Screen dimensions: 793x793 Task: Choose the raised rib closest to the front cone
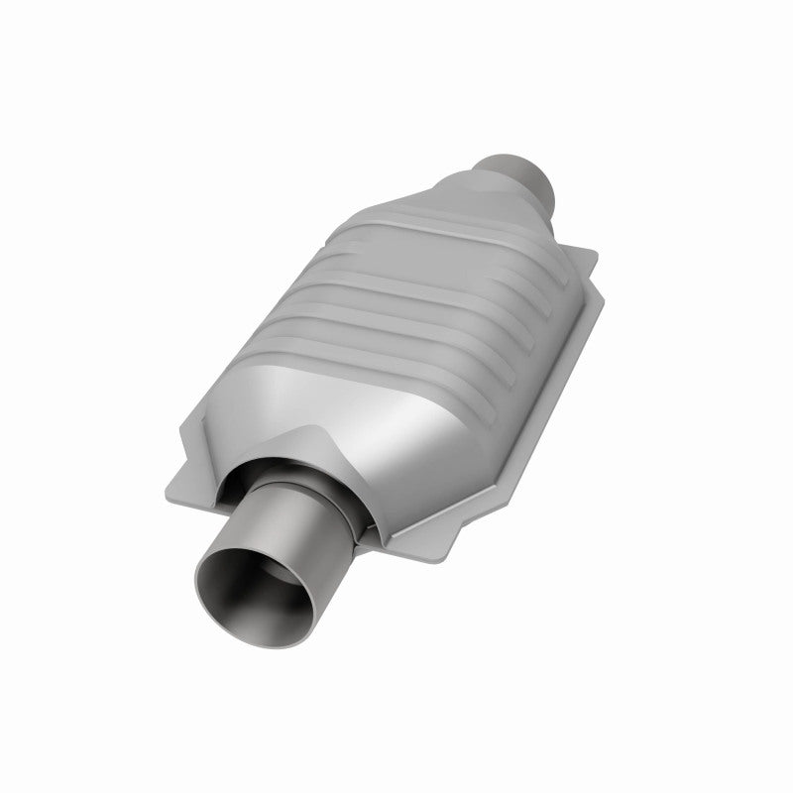pos(327,347)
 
